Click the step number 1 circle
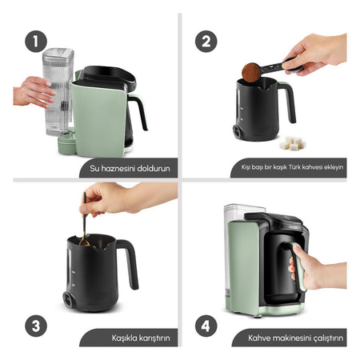coord(36,42)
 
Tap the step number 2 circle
coord(206,42)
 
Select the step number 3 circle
coord(36,326)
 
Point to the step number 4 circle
coord(206,326)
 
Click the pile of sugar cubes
coord(292,143)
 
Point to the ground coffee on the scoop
coord(251,72)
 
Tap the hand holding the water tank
coord(34,92)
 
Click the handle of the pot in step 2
coord(288,102)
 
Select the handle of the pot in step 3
coord(130,262)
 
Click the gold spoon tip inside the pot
coord(84,242)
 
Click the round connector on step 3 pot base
coord(68,300)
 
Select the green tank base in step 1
coord(66,142)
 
